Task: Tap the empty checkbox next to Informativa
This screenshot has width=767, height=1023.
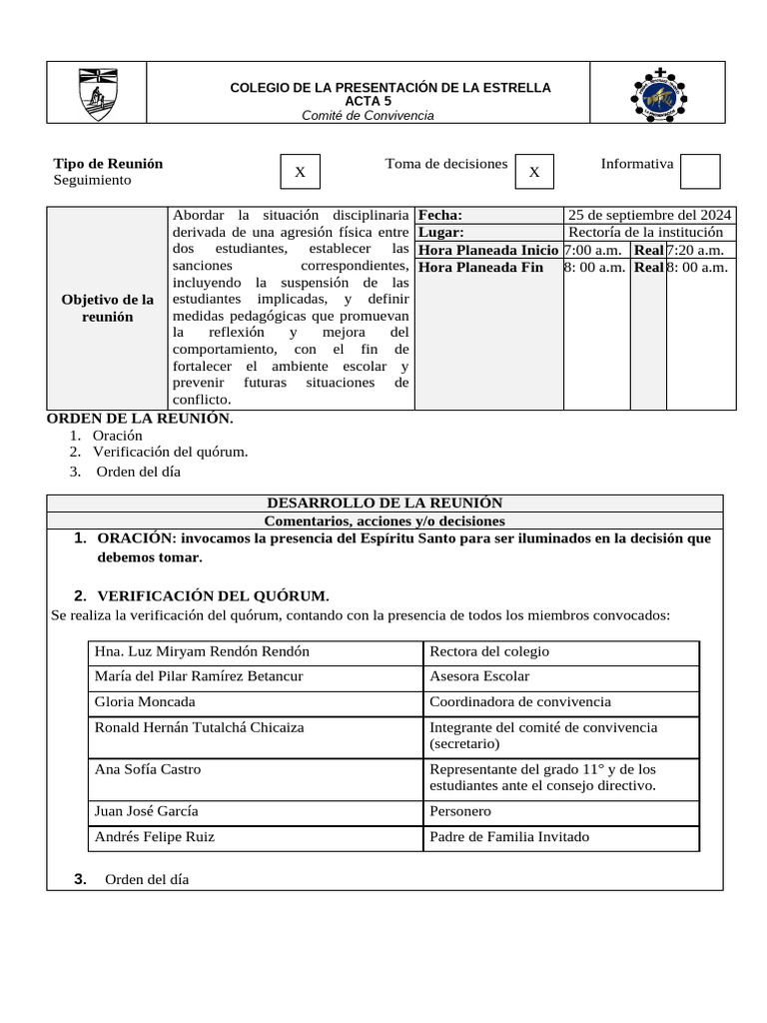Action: (699, 171)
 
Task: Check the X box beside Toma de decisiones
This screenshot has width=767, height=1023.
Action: (534, 172)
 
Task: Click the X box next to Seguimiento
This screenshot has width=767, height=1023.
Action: (300, 172)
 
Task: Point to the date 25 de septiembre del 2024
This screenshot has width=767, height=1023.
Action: (649, 215)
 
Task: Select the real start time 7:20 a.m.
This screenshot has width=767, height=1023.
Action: (700, 250)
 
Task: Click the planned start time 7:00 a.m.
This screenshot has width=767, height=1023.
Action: (596, 250)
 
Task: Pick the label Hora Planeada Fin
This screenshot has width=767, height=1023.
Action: (481, 267)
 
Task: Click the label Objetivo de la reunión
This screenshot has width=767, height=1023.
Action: (109, 308)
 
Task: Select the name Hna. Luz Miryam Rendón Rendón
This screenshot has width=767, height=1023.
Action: (202, 651)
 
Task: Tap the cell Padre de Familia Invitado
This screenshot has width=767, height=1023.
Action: (509, 837)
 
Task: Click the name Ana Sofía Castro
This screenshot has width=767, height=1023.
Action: (147, 769)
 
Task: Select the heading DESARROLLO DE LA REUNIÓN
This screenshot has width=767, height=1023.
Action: (384, 504)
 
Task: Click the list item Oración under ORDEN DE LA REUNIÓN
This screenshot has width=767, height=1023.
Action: (118, 436)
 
